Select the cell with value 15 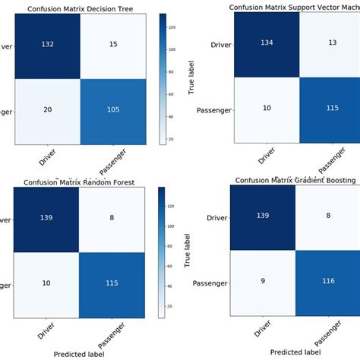click(112, 44)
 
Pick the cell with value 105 click(112, 110)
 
